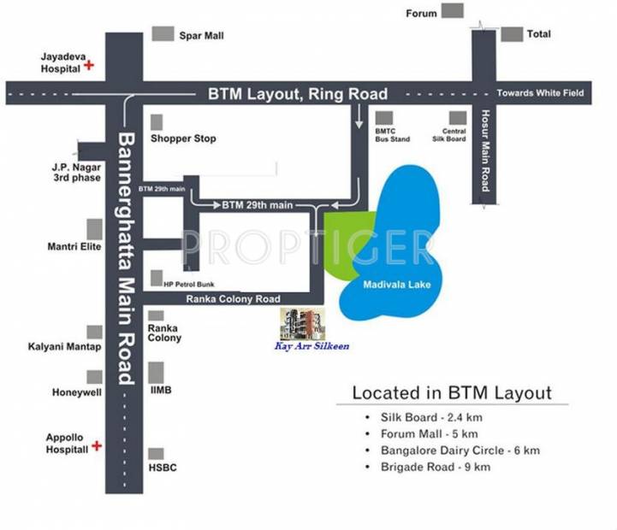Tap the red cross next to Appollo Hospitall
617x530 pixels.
97,445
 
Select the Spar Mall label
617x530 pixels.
200,36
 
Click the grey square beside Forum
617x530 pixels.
453,11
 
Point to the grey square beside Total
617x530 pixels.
512,34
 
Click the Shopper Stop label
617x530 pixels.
183,138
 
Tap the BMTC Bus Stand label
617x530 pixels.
393,135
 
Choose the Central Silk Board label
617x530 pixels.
454,135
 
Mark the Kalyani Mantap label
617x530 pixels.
64,347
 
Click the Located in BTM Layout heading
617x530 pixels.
452,393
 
